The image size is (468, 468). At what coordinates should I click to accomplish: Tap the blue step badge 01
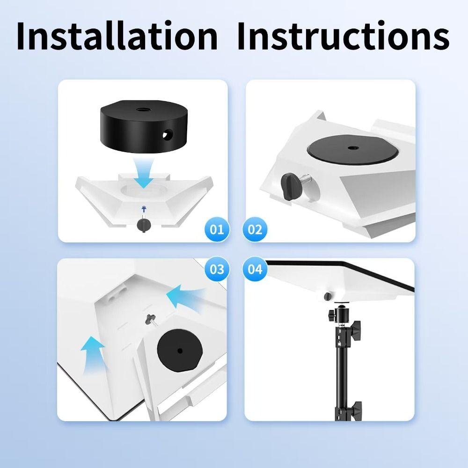click(x=216, y=229)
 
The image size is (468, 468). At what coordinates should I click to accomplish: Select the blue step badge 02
click(x=255, y=229)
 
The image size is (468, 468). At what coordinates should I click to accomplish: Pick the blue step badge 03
click(x=216, y=270)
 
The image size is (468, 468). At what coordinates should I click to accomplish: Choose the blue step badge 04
click(x=255, y=270)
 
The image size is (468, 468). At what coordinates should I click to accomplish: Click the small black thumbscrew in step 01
click(x=142, y=225)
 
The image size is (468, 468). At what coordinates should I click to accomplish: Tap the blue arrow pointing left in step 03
click(x=183, y=297)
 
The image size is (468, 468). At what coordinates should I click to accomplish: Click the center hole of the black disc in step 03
click(x=180, y=350)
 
